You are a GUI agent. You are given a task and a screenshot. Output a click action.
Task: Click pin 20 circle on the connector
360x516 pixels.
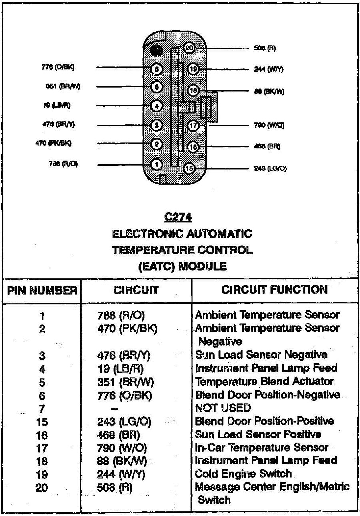coord(189,48)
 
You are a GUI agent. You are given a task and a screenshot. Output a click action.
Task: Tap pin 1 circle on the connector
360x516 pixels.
coord(157,164)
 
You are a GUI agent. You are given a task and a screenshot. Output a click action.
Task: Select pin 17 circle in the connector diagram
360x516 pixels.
coord(193,125)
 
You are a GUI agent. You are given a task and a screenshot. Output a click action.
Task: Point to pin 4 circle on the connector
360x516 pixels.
coord(157,106)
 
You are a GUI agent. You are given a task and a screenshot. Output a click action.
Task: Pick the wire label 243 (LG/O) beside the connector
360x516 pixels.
coord(270,168)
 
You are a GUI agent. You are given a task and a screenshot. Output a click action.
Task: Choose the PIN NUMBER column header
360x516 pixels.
coord(42,290)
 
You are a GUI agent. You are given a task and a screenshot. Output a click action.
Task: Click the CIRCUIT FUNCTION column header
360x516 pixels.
coord(274,289)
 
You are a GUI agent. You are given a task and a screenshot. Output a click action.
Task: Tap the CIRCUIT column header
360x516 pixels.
coord(136,290)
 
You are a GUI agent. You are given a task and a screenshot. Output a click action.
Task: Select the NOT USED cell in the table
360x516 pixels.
coord(223,408)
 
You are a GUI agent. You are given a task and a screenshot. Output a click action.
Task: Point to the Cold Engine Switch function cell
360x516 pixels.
coord(243,474)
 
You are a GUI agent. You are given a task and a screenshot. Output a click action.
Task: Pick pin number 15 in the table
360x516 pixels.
coord(42,422)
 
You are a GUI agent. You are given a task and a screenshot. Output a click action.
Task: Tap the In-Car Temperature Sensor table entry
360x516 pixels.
coord(262,448)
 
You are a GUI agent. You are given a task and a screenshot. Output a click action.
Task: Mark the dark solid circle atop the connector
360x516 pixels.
coord(157,50)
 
